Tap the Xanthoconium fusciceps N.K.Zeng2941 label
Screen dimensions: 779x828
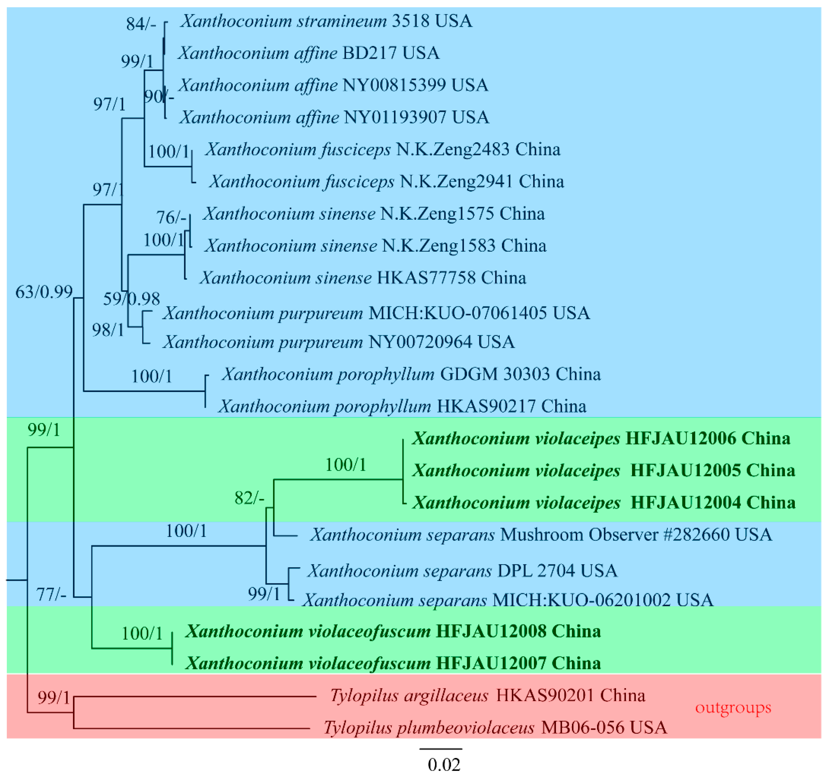pos(386,182)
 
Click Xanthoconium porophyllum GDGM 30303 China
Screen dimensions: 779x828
pos(411,374)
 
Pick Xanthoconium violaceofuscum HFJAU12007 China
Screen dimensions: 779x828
pos(393,663)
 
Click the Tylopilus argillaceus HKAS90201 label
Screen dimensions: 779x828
pos(487,695)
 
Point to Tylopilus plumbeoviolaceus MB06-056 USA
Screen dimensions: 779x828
pos(495,728)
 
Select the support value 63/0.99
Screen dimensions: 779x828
pos(44,292)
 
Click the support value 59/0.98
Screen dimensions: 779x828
pos(131,299)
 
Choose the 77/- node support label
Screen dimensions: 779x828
pos(51,595)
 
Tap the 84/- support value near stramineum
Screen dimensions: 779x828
pos(141,24)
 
